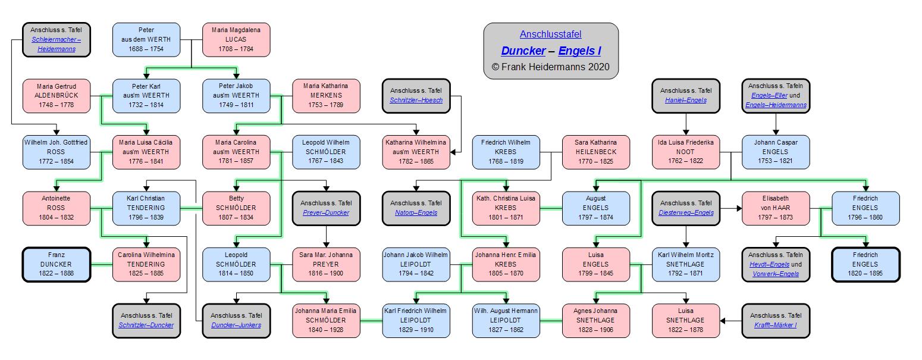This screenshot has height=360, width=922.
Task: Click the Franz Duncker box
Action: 57,264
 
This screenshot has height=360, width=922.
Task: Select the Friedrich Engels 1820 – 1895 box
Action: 865,264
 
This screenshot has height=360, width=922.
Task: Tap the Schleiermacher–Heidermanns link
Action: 57,44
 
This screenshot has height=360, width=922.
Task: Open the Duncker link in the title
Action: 523,51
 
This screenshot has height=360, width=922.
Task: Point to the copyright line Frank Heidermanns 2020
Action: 551,67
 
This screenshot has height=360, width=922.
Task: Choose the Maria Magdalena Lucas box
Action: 236,39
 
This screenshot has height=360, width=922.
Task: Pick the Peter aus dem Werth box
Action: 146,39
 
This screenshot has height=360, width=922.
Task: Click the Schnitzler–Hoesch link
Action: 416,100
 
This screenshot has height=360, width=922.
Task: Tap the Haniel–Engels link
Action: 686,100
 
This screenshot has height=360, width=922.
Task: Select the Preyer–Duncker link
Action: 326,212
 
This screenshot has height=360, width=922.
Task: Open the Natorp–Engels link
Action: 416,212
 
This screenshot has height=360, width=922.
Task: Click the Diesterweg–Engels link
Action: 686,212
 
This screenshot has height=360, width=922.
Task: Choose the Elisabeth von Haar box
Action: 775,208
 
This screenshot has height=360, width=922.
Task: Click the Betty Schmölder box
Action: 236,208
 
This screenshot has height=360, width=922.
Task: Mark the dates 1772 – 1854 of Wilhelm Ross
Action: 57,161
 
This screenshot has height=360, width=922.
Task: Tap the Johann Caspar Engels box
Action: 775,152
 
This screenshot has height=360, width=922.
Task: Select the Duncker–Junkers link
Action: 236,325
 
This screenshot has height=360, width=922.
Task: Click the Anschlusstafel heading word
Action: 550,35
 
